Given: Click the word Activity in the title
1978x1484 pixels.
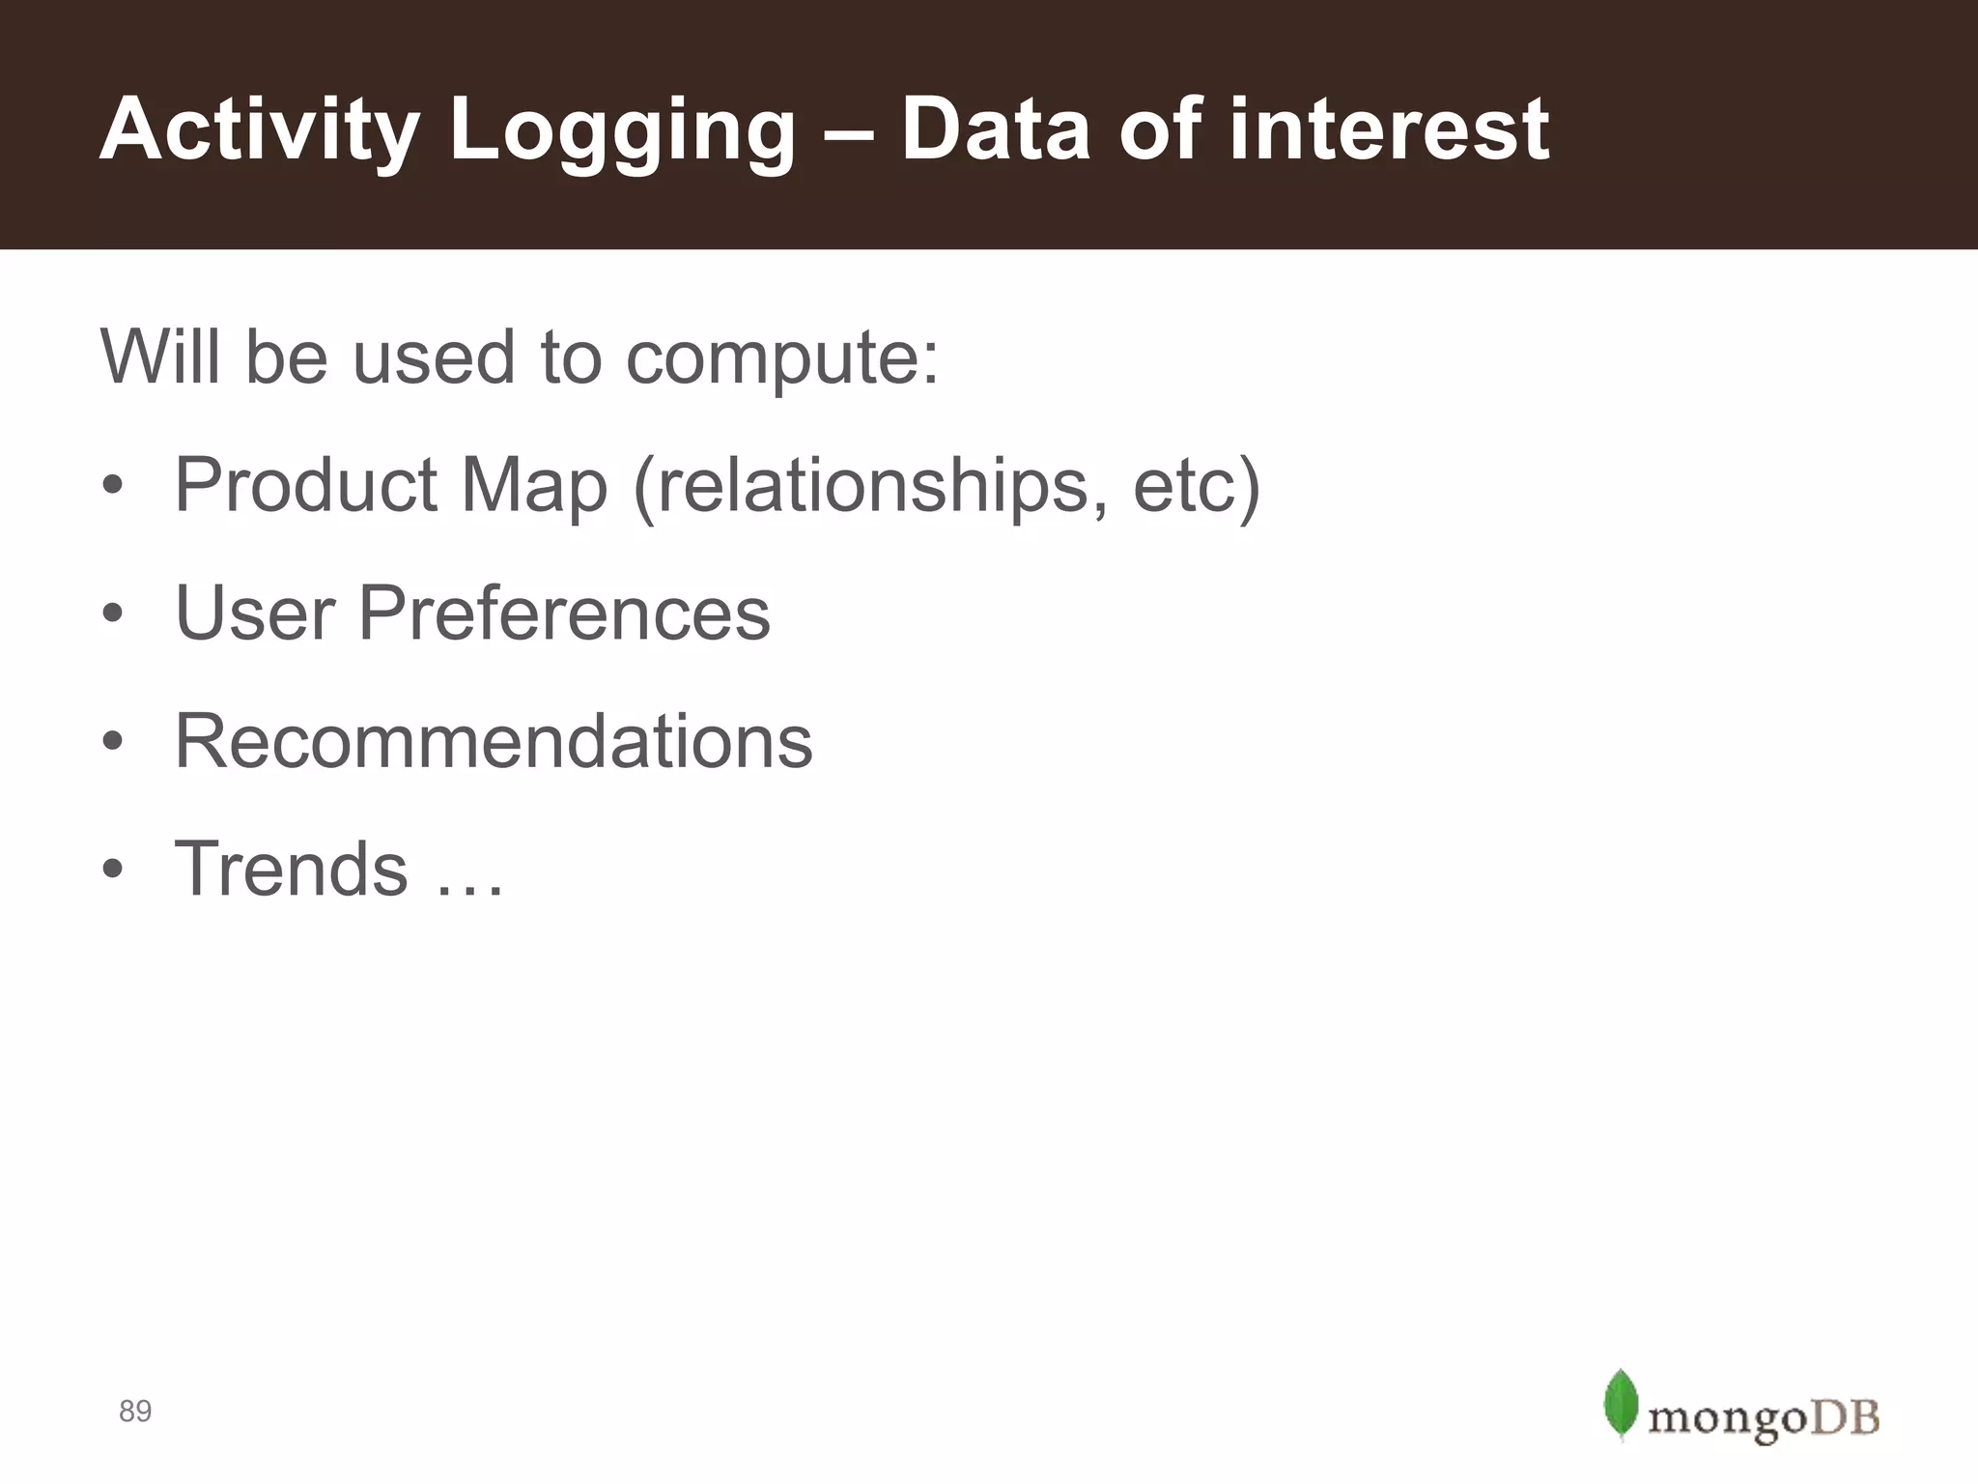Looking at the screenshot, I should pyautogui.click(x=259, y=130).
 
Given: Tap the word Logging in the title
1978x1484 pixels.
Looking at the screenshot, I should pyautogui.click(x=622, y=130).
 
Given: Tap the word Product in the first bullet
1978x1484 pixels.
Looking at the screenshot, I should pyautogui.click(x=306, y=485).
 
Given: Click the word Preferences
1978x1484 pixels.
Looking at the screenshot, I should pyautogui.click(x=564, y=614).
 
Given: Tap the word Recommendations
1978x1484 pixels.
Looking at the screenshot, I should pyautogui.click(x=494, y=742).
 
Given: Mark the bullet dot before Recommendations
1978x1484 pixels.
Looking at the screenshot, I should pyautogui.click(x=113, y=741).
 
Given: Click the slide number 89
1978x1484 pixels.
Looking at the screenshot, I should pyautogui.click(x=135, y=1412).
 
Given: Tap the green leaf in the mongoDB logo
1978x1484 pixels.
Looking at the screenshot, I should pyautogui.click(x=1620, y=1404).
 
